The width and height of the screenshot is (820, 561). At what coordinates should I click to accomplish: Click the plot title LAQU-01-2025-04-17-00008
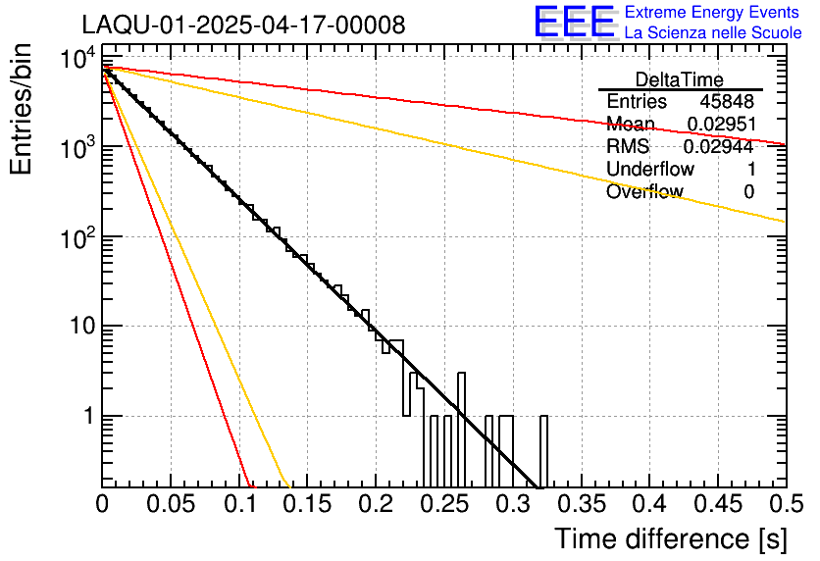[243, 25]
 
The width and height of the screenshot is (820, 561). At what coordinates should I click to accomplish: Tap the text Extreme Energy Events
[712, 13]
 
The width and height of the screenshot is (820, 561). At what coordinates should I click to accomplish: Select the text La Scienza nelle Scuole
[712, 32]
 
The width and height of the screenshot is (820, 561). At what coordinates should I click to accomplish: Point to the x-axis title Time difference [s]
[669, 538]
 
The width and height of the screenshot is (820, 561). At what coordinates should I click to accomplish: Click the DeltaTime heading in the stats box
[680, 79]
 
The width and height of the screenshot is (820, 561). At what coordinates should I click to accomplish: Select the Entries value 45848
[727, 102]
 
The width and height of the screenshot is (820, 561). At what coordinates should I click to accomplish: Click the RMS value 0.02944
[720, 147]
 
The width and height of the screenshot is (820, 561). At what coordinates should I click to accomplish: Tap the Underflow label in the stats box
[650, 170]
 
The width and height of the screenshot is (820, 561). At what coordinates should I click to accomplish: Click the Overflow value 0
[749, 192]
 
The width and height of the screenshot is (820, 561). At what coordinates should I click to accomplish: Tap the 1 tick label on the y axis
[87, 417]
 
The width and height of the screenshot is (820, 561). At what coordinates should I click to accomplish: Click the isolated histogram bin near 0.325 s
[544, 451]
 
